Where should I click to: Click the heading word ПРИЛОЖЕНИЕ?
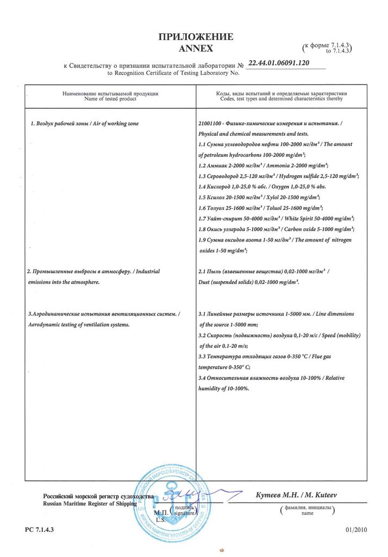(x=195, y=37)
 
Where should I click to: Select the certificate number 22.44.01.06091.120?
(x=278, y=63)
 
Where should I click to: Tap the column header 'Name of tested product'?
(x=110, y=99)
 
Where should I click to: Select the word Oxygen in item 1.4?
(x=283, y=187)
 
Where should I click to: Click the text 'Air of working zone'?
(x=112, y=124)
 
